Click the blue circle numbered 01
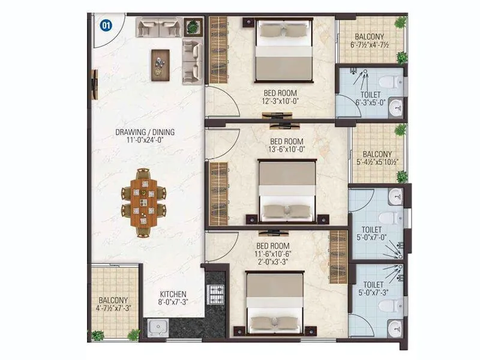coord(106,25)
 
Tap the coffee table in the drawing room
coord(160,61)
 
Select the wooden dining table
coord(143,202)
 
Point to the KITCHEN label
coord(173,295)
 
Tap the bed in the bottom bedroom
coord(275,303)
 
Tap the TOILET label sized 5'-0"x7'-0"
coord(373,232)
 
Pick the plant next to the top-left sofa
coord(193,27)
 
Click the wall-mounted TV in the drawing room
coord(94,84)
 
